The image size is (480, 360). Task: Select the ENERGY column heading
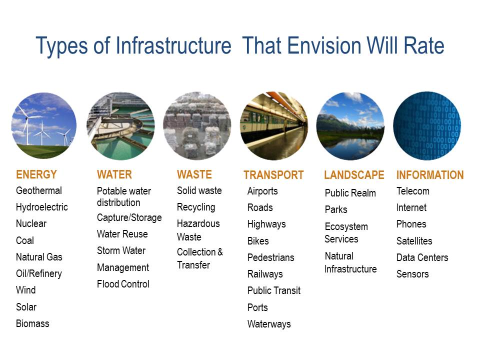click(x=36, y=174)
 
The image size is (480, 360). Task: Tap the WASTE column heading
click(x=194, y=174)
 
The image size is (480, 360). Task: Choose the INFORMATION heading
click(x=430, y=175)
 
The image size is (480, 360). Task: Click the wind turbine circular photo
click(x=44, y=125)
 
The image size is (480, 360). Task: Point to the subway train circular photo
click(x=274, y=125)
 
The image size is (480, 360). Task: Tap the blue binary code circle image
click(x=427, y=125)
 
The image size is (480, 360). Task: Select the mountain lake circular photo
click(x=350, y=126)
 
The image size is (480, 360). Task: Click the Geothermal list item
click(x=39, y=190)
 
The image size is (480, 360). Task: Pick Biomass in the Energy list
click(x=32, y=323)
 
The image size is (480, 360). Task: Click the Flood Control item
click(x=123, y=284)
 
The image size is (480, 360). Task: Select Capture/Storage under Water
click(x=129, y=217)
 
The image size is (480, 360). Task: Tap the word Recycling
click(x=196, y=207)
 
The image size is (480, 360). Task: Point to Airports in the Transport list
click(x=262, y=191)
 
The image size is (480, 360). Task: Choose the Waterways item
click(x=269, y=324)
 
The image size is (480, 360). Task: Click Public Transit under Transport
click(x=274, y=290)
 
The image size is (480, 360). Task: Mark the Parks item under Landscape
click(x=336, y=209)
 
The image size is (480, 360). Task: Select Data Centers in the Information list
click(x=422, y=257)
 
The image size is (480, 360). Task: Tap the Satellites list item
click(x=414, y=241)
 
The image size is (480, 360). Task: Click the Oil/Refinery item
click(x=39, y=273)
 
